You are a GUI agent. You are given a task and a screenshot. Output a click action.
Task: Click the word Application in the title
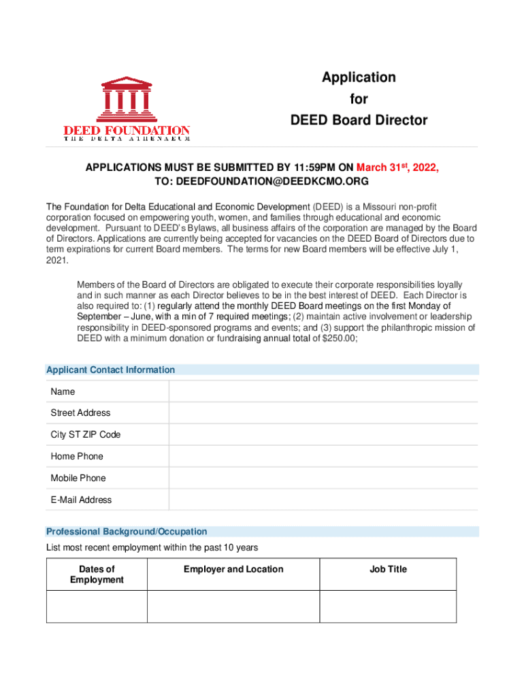359,78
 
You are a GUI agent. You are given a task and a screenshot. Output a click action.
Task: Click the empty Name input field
323,392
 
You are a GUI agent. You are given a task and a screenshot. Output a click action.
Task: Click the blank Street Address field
323,413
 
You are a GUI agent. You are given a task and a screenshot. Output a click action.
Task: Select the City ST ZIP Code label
85,435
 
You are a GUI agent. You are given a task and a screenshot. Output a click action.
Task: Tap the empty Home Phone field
323,456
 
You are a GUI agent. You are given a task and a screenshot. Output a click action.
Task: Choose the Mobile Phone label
78,478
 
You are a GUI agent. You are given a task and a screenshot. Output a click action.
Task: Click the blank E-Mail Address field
323,500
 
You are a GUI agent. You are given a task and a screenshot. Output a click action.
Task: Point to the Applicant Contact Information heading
110,370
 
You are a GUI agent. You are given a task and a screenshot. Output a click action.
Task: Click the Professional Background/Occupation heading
127,532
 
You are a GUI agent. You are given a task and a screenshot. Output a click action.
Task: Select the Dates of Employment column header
97,574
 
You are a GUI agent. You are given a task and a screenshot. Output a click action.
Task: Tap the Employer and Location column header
233,569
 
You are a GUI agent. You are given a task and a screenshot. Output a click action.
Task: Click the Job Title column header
388,569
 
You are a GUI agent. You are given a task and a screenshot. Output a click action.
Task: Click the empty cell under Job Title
388,606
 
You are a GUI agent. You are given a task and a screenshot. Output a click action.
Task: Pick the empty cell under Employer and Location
233,606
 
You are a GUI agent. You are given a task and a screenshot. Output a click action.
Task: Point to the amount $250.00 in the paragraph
338,338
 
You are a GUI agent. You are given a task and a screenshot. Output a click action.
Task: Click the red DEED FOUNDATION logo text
127,130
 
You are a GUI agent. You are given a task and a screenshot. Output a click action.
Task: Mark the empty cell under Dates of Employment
97,606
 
